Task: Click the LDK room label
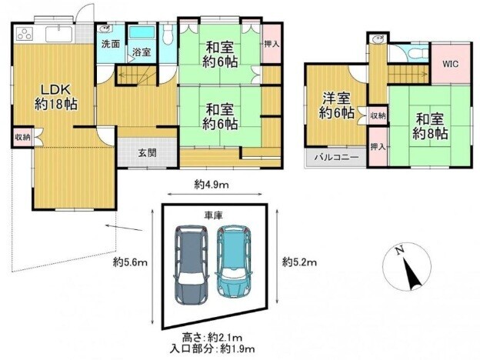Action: click(56, 97)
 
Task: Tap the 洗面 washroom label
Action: click(111, 44)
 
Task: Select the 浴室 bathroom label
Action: click(142, 52)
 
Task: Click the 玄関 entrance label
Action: click(148, 152)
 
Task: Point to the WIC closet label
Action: click(450, 64)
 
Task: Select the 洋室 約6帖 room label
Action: click(336, 106)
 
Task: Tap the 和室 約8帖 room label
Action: click(430, 126)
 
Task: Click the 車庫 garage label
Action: click(214, 215)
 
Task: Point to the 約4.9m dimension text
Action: click(212, 185)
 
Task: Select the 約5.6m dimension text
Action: click(130, 262)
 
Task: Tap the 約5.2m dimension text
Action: click(299, 262)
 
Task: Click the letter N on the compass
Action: click(399, 251)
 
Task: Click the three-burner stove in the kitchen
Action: click(25, 34)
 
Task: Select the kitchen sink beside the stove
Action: click(59, 34)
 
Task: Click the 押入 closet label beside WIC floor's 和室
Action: click(378, 147)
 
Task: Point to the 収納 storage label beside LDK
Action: click(22, 137)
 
